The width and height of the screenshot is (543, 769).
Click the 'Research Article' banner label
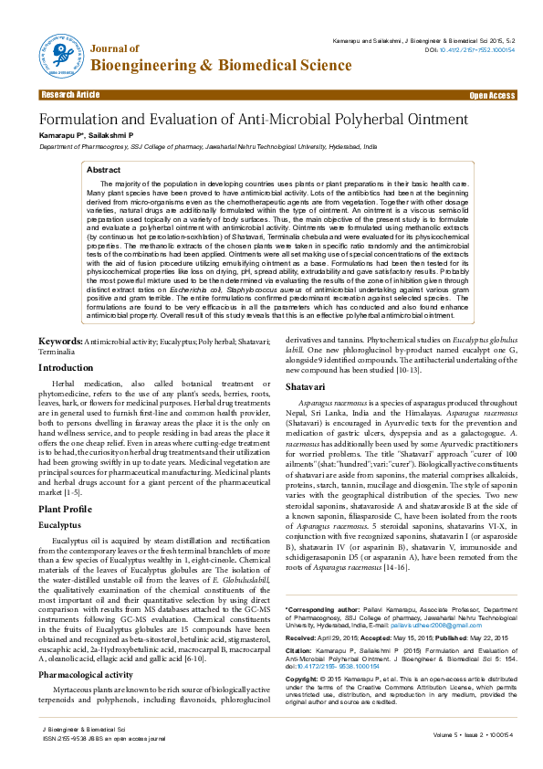pyautogui.click(x=70, y=95)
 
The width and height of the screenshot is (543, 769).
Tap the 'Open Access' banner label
pyautogui.click(x=492, y=95)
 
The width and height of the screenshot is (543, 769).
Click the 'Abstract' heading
pyautogui.click(x=103, y=170)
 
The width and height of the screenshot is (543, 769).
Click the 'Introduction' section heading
pyautogui.click(x=65, y=367)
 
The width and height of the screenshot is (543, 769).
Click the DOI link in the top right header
pyautogui.click(x=478, y=49)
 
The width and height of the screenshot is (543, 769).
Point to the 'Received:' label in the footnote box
pyautogui.click(x=302, y=636)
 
